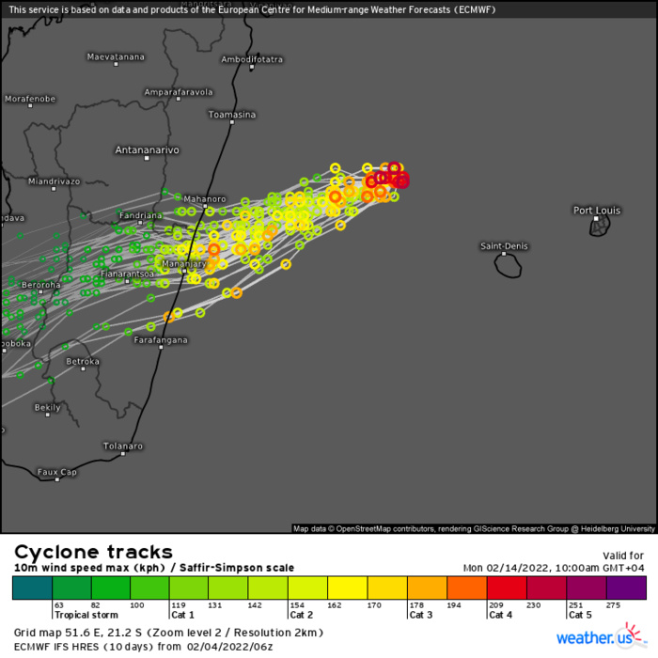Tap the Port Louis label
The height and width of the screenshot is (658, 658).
point(597,210)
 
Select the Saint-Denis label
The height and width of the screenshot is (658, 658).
point(505,246)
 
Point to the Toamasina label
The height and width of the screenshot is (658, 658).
point(231,115)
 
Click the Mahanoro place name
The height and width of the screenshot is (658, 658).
point(205,199)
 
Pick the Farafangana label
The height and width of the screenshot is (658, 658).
point(161,339)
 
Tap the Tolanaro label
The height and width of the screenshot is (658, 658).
point(123,446)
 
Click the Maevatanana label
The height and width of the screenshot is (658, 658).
point(116,56)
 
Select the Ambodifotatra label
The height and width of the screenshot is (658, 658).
point(252,59)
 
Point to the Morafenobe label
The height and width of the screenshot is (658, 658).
point(30,99)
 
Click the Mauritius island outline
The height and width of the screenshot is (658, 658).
point(599,227)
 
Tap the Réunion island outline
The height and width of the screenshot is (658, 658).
point(509,266)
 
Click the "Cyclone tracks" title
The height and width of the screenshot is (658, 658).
point(93,552)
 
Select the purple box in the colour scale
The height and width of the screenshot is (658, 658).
point(626,587)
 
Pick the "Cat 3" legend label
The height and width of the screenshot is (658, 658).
point(420,615)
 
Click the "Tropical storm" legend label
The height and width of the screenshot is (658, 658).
point(84,615)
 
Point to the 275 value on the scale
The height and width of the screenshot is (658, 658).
point(615,605)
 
